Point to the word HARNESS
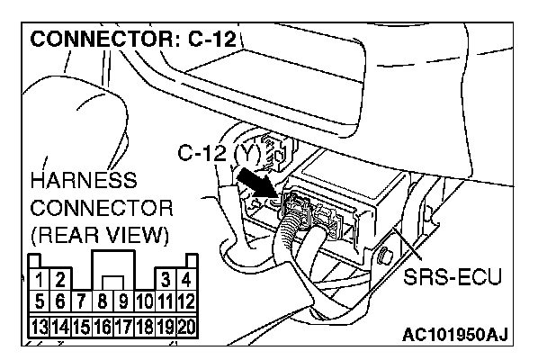pyautogui.click(x=83, y=180)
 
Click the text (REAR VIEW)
pyautogui.click(x=99, y=236)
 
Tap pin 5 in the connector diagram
pyautogui.click(x=39, y=301)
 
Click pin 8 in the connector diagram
pyautogui.click(x=104, y=301)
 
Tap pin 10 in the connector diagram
pyautogui.click(x=144, y=301)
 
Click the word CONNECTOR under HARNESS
pyautogui.click(x=101, y=208)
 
